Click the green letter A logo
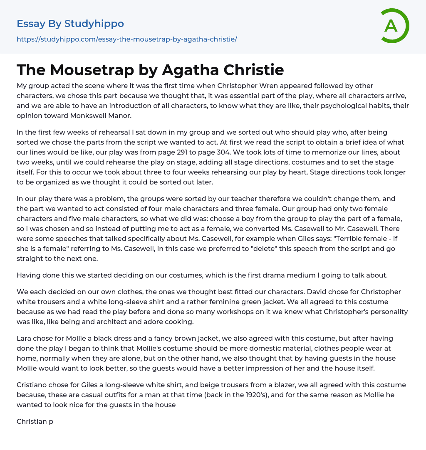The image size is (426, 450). pyautogui.click(x=394, y=26)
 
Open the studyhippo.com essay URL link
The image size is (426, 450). pyautogui.click(x=126, y=39)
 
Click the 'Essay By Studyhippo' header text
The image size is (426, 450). pyautogui.click(x=70, y=24)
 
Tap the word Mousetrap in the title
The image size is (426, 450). pyautogui.click(x=95, y=70)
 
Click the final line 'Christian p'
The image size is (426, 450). pyautogui.click(x=35, y=421)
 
